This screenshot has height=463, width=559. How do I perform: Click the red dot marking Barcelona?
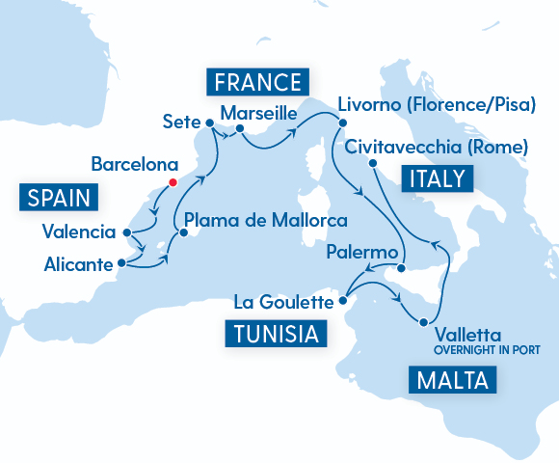click(x=173, y=181)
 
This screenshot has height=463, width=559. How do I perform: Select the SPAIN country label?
click(x=60, y=199)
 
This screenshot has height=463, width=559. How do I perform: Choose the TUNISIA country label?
click(x=274, y=335)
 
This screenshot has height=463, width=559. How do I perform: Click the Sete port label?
click(x=180, y=122)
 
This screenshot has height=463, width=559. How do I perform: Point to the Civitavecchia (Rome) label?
click(x=436, y=148)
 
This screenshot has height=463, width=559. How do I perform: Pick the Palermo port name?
click(x=362, y=253)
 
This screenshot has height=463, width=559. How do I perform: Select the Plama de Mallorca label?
click(x=265, y=220)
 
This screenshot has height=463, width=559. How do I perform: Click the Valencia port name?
click(x=79, y=232)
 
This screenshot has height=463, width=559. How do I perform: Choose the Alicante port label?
click(x=77, y=262)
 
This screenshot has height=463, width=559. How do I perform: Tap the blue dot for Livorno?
click(x=340, y=123)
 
